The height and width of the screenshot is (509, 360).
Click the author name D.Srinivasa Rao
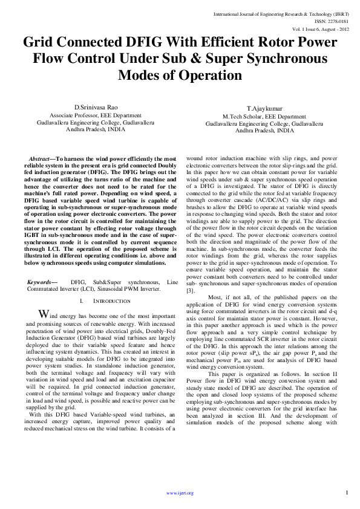[96, 106]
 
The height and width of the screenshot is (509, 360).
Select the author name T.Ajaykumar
[264, 107]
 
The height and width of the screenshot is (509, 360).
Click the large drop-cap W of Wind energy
[43, 314]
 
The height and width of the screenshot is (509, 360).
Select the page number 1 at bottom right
[347, 493]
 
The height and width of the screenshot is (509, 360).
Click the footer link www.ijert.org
[180, 493]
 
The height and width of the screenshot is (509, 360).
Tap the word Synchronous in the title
[280, 59]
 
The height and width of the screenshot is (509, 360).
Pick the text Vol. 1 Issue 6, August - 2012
[321, 28]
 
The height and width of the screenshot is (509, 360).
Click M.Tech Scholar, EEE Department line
[264, 115]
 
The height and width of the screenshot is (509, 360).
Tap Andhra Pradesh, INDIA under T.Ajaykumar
[264, 130]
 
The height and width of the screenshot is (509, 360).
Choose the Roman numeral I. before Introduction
[82, 300]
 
